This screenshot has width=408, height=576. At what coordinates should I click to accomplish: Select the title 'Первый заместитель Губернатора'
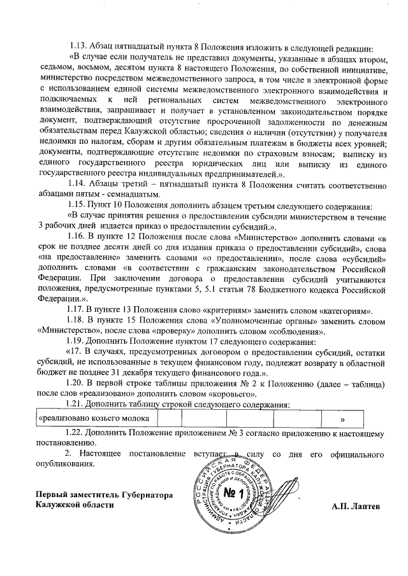[104, 495]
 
